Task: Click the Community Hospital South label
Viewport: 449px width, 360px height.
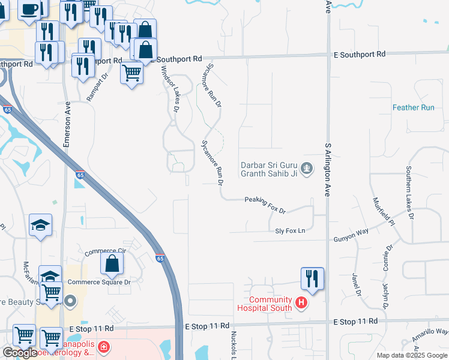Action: tap(270, 304)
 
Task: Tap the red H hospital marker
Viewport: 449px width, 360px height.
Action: tap(301, 304)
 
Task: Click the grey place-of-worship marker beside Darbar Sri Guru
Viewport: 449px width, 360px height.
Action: tap(307, 168)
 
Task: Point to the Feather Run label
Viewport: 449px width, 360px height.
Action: tap(413, 107)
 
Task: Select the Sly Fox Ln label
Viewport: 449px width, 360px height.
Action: tap(290, 230)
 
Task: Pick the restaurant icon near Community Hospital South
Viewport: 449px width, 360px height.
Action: tap(312, 278)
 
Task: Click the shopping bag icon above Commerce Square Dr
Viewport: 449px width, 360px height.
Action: tap(112, 263)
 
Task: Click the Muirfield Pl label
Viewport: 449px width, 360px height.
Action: tap(381, 211)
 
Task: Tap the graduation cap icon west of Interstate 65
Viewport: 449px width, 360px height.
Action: tap(40, 225)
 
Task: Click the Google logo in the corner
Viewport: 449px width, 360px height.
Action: tap(20, 353)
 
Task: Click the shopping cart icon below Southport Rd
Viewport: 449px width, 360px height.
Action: tap(131, 73)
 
